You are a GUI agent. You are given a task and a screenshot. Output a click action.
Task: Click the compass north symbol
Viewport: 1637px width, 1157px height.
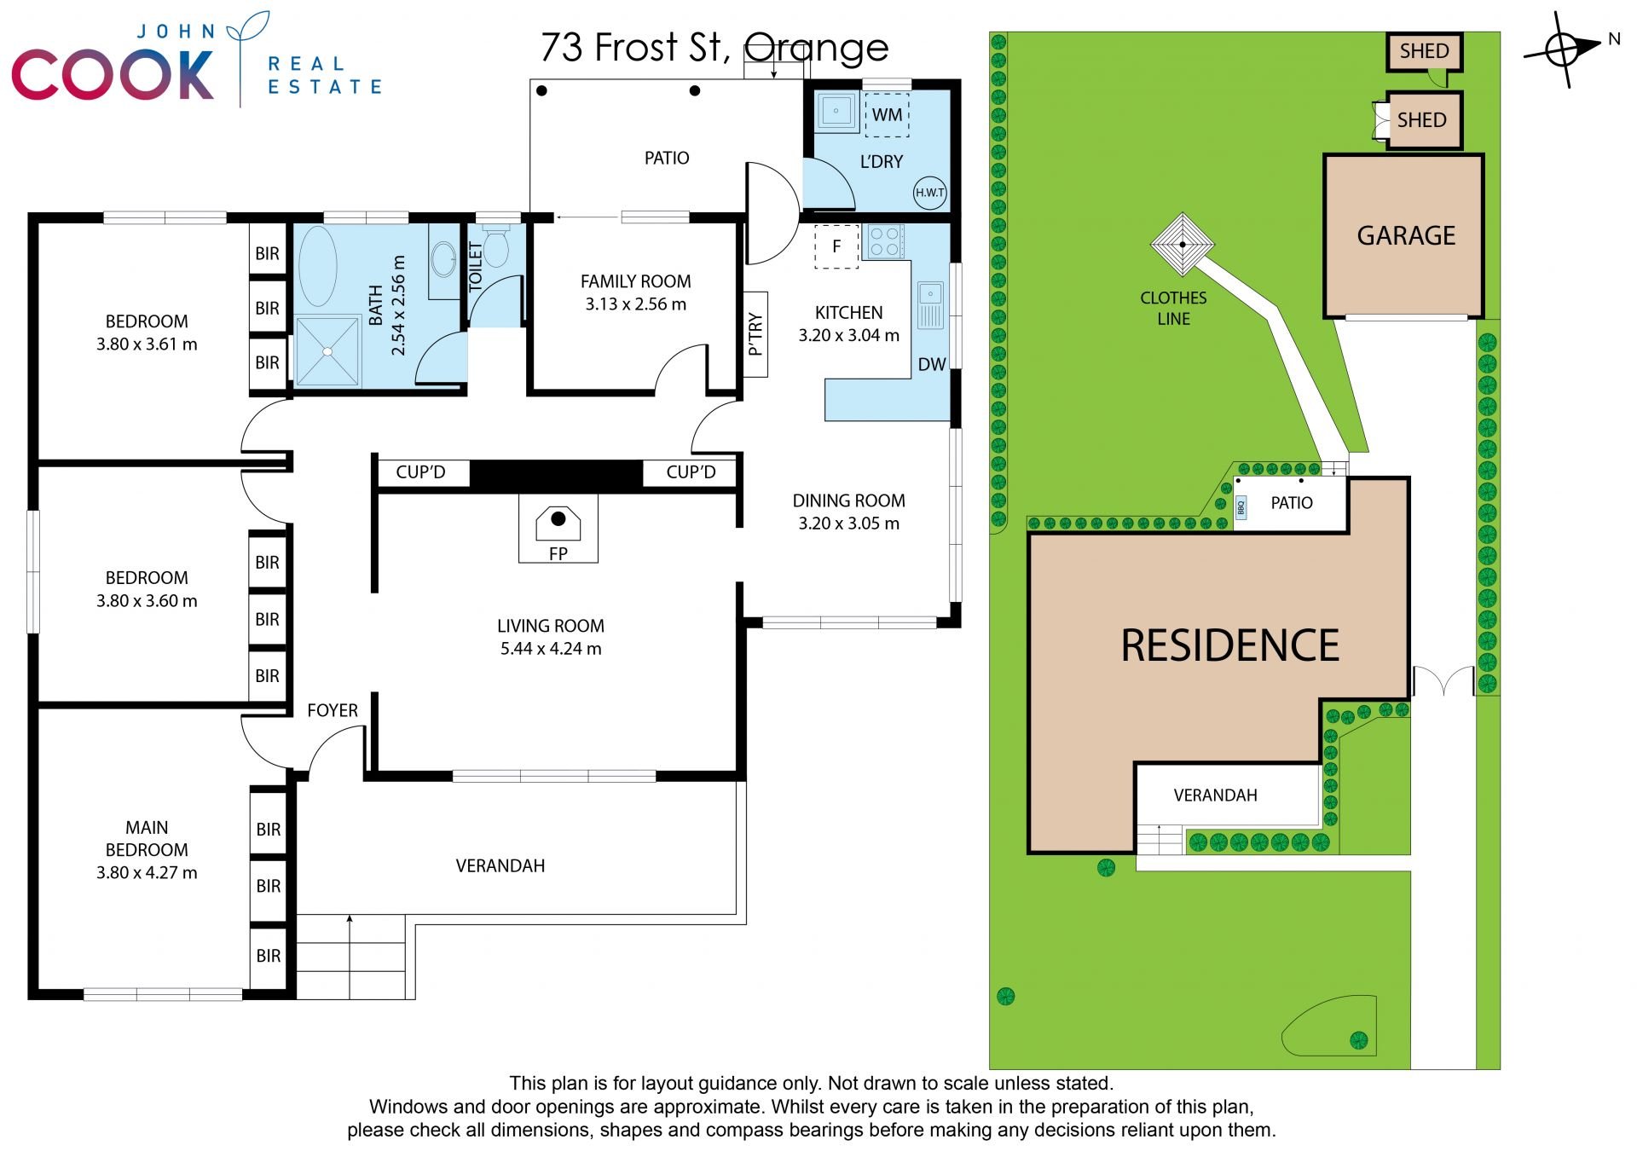1563,49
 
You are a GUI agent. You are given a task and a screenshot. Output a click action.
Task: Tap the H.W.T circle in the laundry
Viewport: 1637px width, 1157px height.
929,193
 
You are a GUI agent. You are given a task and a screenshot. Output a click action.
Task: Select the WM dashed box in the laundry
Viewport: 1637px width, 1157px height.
887,114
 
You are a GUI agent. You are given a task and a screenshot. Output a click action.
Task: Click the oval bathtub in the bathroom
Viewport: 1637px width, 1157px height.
317,266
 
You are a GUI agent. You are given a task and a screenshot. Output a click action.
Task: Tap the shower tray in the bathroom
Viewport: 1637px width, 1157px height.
327,350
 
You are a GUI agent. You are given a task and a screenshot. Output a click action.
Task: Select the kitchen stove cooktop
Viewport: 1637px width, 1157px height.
885,241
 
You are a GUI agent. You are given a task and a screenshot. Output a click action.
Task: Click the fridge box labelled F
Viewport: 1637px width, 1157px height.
836,246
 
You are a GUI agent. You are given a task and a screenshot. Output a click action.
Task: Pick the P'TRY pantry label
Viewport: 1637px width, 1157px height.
755,334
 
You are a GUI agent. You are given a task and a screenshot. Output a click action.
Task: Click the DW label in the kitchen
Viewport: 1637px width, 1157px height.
932,365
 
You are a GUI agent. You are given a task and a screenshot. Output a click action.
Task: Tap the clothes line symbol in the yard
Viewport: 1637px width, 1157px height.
1182,245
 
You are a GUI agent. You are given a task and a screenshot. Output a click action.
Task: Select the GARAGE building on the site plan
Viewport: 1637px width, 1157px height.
1404,235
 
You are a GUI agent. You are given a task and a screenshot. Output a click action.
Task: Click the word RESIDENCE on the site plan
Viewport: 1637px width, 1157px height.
1229,645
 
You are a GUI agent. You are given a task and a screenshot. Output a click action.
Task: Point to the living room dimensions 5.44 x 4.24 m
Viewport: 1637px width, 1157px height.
551,649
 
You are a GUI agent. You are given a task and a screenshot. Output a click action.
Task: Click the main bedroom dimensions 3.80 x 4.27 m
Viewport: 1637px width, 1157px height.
147,873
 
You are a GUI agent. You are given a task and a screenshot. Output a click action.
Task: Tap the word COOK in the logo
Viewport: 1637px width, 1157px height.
113,75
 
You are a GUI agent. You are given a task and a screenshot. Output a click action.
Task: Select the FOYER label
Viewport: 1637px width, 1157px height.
333,710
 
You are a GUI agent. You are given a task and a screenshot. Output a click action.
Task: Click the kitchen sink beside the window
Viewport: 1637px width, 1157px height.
930,305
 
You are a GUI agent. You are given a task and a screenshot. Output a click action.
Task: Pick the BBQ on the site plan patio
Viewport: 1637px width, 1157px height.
1241,508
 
